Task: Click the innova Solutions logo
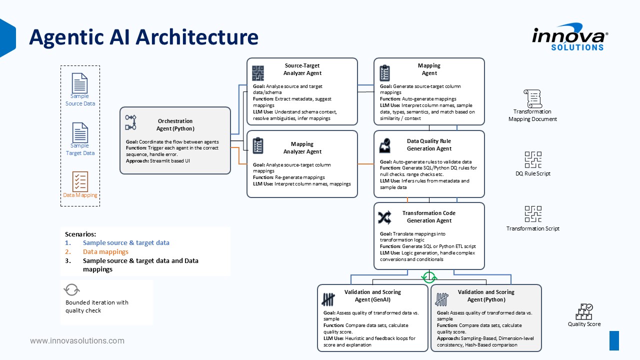[x=570, y=37]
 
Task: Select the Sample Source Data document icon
[x=79, y=83]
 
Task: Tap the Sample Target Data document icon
[x=79, y=132]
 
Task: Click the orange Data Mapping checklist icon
[x=80, y=181]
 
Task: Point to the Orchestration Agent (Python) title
[x=175, y=125]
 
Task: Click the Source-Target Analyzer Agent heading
[x=302, y=69]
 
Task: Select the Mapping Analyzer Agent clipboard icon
[x=258, y=145]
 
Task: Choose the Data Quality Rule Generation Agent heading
[x=429, y=145]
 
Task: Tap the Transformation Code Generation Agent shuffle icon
[x=384, y=217]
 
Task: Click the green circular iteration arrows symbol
[x=429, y=277]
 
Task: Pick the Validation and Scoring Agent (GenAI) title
[x=372, y=295]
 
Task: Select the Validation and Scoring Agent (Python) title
[x=486, y=295]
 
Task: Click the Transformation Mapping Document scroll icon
[x=533, y=98]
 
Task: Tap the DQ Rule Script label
[x=533, y=173]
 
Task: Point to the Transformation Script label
[x=533, y=228]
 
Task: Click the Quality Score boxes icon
[x=584, y=311]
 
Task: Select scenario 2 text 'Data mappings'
[x=105, y=251]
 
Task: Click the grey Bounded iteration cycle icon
[x=71, y=289]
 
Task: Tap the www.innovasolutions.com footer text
[x=77, y=341]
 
